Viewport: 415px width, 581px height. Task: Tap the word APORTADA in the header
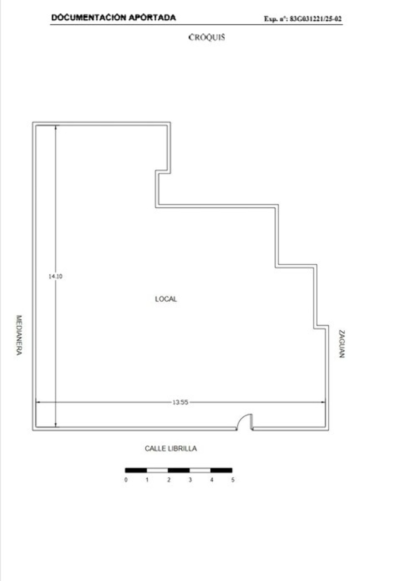coord(152,17)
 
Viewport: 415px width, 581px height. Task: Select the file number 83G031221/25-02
coord(315,19)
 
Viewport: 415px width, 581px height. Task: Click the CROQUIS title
coord(206,37)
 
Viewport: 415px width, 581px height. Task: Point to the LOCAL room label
coord(166,299)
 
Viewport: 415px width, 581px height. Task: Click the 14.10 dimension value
coord(56,276)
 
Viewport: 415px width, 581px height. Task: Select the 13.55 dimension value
coord(180,402)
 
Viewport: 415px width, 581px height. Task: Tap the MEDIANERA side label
coord(19,335)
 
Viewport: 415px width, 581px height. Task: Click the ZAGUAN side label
coord(342,344)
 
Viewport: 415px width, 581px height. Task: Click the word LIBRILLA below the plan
coord(182,449)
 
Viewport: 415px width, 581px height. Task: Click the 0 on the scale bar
coord(126,480)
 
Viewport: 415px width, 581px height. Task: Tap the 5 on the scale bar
coord(233,480)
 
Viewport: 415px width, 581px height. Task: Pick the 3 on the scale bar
coord(190,480)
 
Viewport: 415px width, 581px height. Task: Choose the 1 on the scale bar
coord(147,480)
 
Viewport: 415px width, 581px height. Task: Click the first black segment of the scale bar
coord(136,470)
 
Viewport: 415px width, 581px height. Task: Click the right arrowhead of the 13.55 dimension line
coord(323,402)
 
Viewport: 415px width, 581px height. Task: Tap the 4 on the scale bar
coord(211,480)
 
